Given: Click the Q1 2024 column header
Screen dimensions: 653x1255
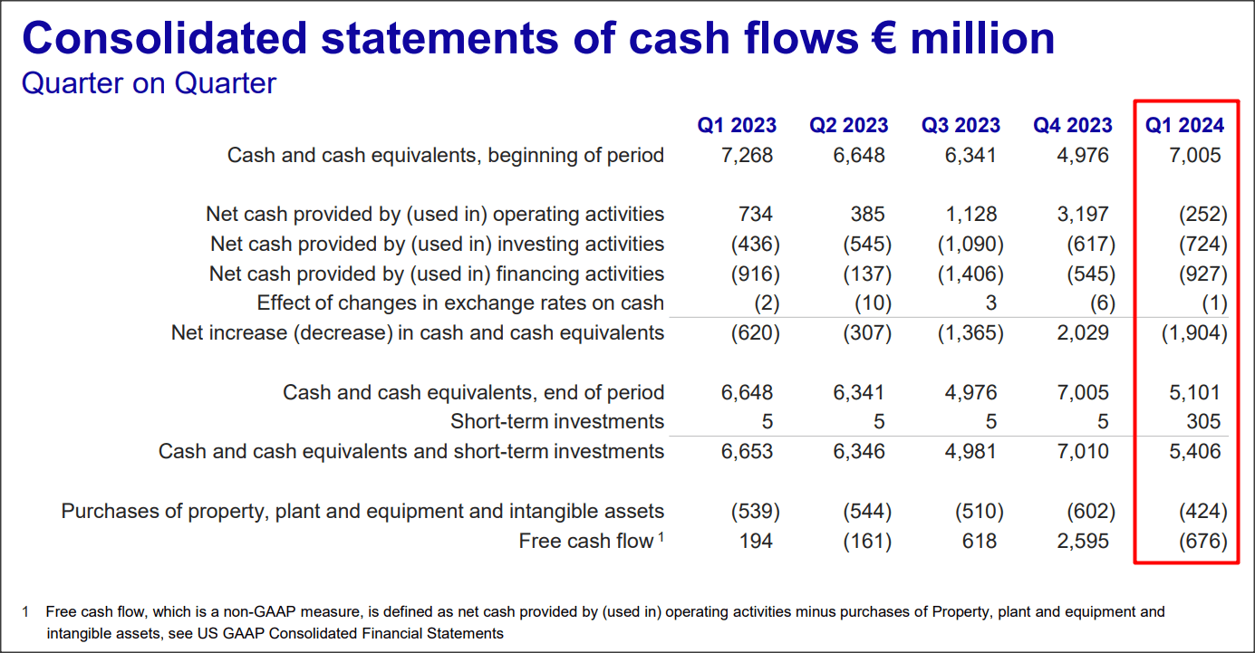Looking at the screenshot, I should pos(1184,125).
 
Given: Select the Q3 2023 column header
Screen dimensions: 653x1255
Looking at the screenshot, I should pos(961,125).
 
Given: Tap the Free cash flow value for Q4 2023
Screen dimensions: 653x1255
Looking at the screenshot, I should pos(1084,541).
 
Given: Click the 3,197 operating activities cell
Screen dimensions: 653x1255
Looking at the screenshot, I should pos(1084,215).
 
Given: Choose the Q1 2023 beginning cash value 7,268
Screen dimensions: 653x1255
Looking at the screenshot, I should pos(748,155).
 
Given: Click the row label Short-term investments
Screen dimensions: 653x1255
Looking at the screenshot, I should pos(556,421).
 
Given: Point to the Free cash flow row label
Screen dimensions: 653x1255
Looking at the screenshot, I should pos(585,541).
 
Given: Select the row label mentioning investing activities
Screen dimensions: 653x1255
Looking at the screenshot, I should pos(437,244).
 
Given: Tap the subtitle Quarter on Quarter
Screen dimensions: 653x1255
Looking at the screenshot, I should pos(149,83).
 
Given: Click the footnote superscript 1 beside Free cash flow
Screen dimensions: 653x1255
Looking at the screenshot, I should pos(661,537).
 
